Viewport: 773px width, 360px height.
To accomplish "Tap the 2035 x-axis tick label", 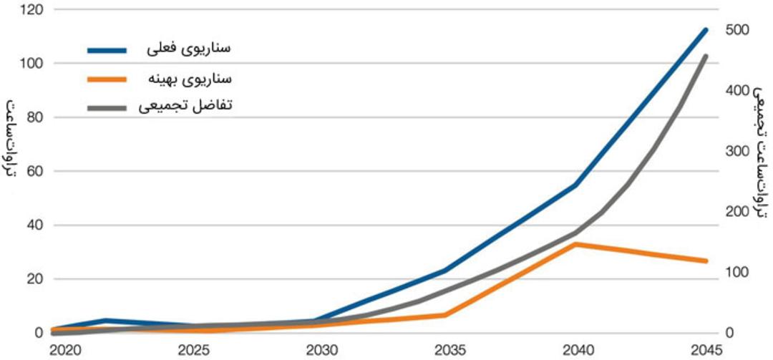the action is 449,351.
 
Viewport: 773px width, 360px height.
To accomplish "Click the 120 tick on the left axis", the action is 32,10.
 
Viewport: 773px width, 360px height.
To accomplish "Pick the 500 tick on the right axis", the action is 737,31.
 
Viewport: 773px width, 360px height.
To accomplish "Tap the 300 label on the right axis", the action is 737,152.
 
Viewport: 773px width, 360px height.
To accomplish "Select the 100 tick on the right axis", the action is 736,273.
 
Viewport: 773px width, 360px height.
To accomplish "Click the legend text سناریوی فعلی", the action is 189,49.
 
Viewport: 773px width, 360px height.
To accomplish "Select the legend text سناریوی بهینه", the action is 190,79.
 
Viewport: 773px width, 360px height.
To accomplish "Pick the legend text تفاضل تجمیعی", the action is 185,107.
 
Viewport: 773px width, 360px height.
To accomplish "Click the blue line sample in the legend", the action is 107,50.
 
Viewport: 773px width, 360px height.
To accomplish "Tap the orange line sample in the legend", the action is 107,79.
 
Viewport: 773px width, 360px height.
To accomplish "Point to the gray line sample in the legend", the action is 107,107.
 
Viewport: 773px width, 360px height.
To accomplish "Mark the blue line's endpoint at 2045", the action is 706,30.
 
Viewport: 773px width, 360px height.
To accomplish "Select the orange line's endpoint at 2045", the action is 706,261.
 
